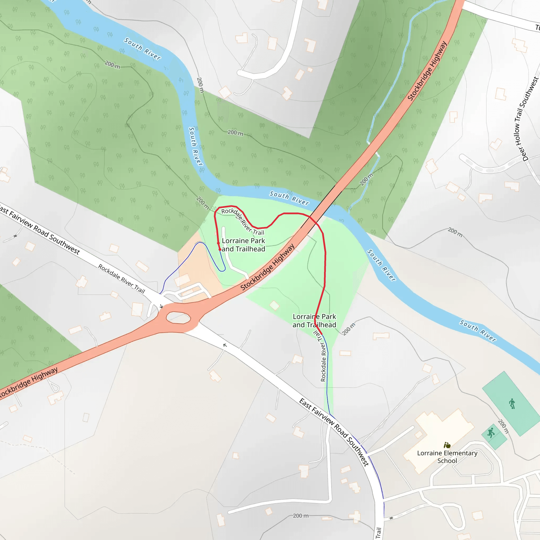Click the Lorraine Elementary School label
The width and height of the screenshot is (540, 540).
click(x=447, y=457)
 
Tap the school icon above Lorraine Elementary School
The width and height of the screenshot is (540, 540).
click(x=447, y=445)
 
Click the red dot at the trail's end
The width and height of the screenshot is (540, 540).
click(x=220, y=249)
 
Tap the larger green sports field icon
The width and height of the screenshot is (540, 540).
click(x=512, y=404)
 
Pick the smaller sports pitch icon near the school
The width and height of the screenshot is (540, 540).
click(x=491, y=433)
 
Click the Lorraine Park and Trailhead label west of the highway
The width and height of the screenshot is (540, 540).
click(x=243, y=245)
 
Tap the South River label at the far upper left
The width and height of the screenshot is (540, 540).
click(x=143, y=49)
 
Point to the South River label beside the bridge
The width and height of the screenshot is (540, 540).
click(x=289, y=198)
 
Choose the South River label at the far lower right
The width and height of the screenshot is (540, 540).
click(x=478, y=331)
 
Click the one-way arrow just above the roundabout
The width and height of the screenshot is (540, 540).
click(x=161, y=306)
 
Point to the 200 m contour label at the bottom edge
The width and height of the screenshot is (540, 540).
click(x=301, y=516)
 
